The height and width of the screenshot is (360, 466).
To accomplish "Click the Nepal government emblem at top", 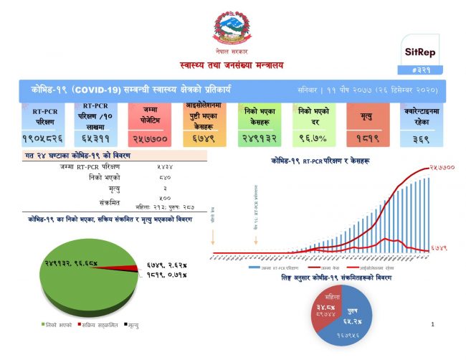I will (232, 32).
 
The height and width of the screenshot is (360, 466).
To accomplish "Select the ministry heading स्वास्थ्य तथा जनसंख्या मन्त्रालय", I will (232, 66).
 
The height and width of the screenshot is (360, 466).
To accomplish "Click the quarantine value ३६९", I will (420, 137).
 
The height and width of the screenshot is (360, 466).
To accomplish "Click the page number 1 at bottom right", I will (434, 325).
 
